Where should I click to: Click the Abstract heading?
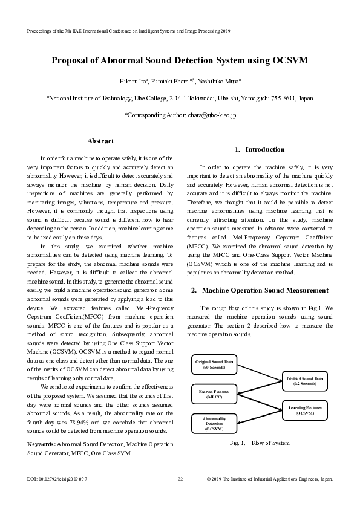point(100,141)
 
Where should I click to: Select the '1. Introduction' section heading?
point(260,149)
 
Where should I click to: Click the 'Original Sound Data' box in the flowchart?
point(214,364)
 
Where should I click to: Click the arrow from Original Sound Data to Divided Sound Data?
point(260,372)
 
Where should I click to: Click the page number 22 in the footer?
point(180,479)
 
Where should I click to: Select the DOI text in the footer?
point(57,479)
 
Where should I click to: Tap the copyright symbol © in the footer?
point(209,479)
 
